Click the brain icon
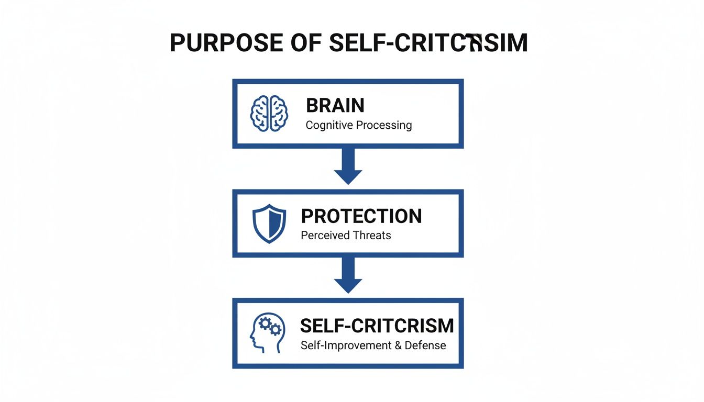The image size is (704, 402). [x=269, y=113]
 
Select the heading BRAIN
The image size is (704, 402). [x=335, y=106]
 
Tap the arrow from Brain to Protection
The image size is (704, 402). [x=348, y=166]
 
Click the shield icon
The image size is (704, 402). [x=269, y=224]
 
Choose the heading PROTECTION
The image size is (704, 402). [x=361, y=216]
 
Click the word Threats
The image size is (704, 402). [x=372, y=236]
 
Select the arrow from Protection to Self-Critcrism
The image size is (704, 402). [x=348, y=276]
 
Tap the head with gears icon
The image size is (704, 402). [x=267, y=332]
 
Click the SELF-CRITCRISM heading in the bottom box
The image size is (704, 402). [x=377, y=326]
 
